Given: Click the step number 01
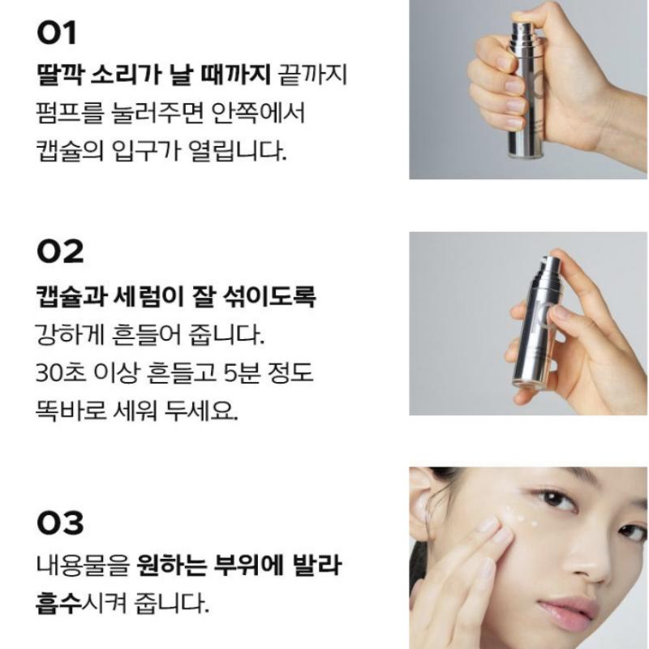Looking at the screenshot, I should [57, 34].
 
